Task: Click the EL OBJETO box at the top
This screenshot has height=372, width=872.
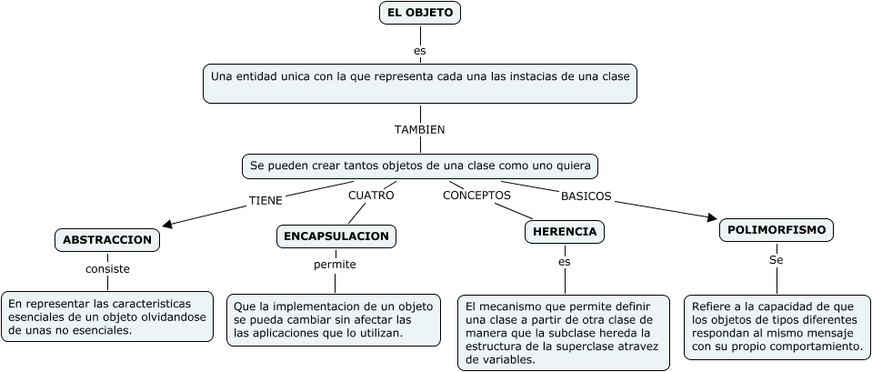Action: pos(419,13)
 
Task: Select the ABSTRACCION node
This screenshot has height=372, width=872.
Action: pos(107,239)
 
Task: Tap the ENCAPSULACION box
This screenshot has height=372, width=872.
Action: pos(336,236)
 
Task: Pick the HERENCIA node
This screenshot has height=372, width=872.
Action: pos(565,232)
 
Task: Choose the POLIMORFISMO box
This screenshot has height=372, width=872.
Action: pos(777,230)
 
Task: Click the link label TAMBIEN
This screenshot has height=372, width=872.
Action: pos(419,130)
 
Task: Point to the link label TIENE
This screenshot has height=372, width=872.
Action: pos(266,199)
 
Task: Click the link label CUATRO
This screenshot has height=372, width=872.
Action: pos(371,195)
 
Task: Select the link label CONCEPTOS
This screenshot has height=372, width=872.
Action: pos(476,195)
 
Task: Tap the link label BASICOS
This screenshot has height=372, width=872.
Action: pos(586,196)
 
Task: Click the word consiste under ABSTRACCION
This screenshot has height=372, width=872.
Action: pos(107,269)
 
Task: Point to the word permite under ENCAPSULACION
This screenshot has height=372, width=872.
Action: pos(335,265)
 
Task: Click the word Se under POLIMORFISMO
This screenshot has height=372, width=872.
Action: pos(776,260)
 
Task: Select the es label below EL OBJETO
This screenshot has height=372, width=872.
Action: pos(419,51)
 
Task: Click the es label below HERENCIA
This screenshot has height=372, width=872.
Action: pos(564,262)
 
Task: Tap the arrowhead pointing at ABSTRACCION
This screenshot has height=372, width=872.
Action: pos(167,222)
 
